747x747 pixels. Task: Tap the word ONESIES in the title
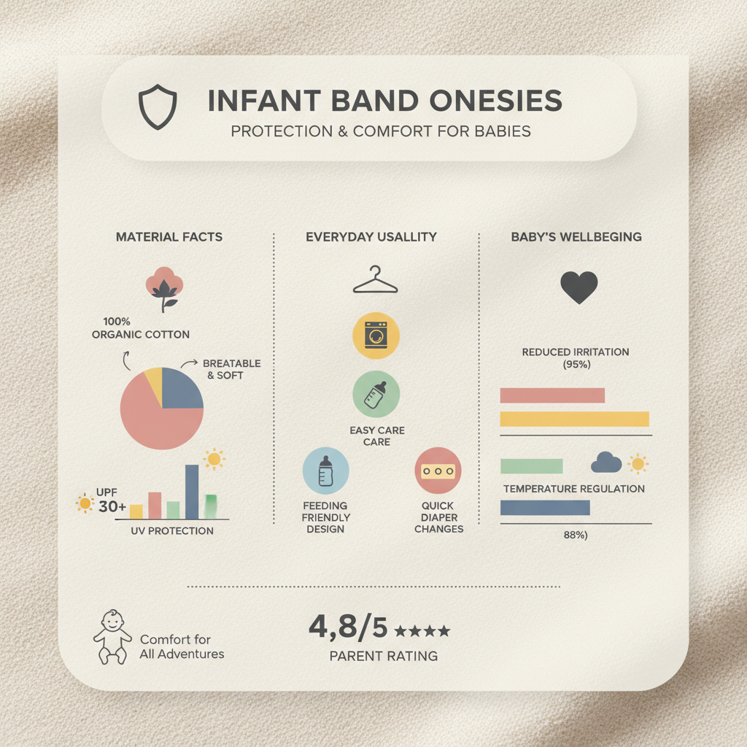[x=496, y=101]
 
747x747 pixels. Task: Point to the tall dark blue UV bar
[x=192, y=491]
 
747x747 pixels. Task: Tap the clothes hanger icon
[x=376, y=281]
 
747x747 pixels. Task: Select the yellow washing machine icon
[x=376, y=336]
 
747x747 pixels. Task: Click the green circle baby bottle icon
[x=376, y=394]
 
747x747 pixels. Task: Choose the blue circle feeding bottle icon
[x=325, y=471]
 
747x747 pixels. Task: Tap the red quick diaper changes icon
[x=438, y=471]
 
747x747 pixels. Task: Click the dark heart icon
[x=578, y=287]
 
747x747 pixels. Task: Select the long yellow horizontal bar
[x=574, y=419]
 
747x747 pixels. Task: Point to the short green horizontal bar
[x=531, y=465]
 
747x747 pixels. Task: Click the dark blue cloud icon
[x=606, y=462]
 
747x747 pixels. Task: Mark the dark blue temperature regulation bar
[x=544, y=508]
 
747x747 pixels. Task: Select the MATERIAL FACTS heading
[x=169, y=237]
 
